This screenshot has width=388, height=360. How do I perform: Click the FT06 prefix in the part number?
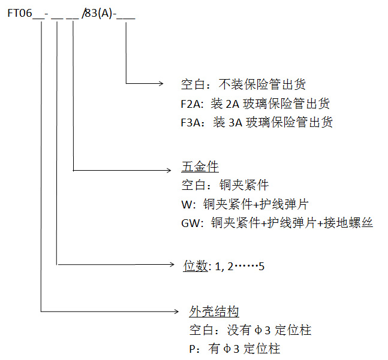(20, 13)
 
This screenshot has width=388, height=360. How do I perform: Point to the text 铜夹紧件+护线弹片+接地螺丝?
(291, 223)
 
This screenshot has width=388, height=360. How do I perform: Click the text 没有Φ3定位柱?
(261, 330)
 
